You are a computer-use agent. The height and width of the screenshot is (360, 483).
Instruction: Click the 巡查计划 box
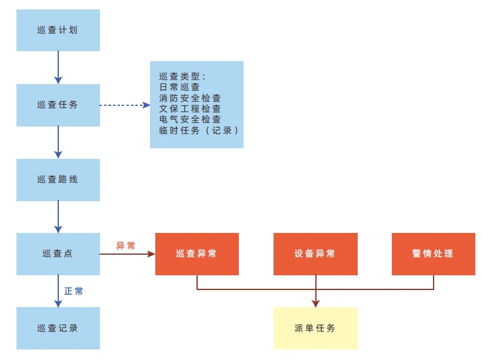click(x=58, y=30)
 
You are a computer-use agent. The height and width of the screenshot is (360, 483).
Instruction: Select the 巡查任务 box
click(x=58, y=105)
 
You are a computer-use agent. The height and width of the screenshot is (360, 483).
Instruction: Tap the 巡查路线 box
click(x=58, y=180)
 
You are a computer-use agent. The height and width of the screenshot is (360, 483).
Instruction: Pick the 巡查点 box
click(x=58, y=254)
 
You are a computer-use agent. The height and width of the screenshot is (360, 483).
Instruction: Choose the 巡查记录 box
click(x=58, y=328)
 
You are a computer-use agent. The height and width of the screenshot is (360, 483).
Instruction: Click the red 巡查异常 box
click(x=197, y=254)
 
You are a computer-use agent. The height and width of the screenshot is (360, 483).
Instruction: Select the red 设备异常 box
click(x=315, y=254)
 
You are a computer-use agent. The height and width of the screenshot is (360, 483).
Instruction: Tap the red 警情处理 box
click(x=434, y=254)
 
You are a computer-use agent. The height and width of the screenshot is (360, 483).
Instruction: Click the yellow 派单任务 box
click(x=315, y=328)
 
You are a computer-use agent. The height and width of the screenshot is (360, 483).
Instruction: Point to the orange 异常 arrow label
click(x=126, y=246)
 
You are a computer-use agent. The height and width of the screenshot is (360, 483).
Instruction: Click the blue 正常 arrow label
click(x=74, y=291)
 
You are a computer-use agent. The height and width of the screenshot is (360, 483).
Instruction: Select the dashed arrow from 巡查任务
click(x=125, y=105)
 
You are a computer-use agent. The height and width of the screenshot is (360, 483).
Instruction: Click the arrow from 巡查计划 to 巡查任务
click(x=58, y=68)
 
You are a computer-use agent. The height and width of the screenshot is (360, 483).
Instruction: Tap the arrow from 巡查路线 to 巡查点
click(x=58, y=217)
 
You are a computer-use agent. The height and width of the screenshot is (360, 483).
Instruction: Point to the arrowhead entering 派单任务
click(x=315, y=304)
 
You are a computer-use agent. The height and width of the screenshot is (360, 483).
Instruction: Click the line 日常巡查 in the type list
click(x=179, y=87)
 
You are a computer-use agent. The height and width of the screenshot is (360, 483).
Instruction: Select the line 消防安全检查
click(x=190, y=98)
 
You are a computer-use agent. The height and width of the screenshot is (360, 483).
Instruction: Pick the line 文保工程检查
click(x=190, y=109)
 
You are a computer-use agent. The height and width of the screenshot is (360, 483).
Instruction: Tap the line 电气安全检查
click(x=190, y=119)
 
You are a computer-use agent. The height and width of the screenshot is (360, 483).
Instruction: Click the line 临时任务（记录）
click(x=199, y=131)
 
